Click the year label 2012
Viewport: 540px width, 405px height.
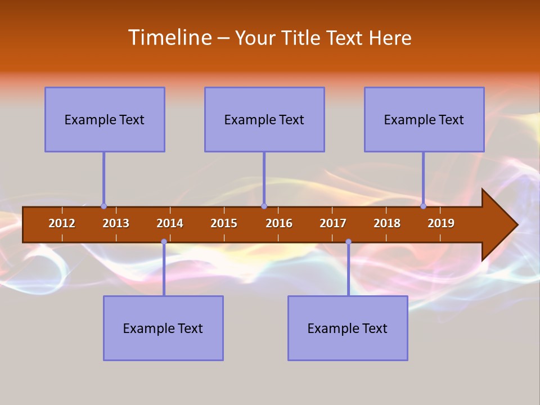click(x=62, y=223)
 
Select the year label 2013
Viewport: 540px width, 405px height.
click(x=116, y=223)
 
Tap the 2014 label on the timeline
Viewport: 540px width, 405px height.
click(x=170, y=223)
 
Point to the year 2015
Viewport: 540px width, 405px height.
click(x=224, y=223)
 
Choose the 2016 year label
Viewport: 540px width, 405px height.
click(x=279, y=223)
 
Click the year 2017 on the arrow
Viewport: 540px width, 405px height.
click(x=333, y=223)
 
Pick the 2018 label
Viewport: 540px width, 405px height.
click(x=387, y=223)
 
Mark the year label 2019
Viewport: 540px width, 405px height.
click(x=441, y=223)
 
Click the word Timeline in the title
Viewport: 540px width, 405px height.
click(x=169, y=38)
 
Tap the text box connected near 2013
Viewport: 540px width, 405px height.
click(x=105, y=119)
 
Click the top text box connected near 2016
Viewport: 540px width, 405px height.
click(x=264, y=119)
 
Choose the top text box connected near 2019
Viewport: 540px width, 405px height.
click(x=424, y=119)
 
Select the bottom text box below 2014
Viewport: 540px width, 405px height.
click(x=163, y=328)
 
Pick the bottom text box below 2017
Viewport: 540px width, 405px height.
click(x=348, y=328)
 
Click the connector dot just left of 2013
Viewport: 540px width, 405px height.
click(x=103, y=206)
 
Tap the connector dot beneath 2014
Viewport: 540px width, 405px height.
click(x=164, y=242)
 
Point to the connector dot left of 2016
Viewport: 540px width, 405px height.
click(x=264, y=206)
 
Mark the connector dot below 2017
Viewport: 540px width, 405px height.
click(x=348, y=242)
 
